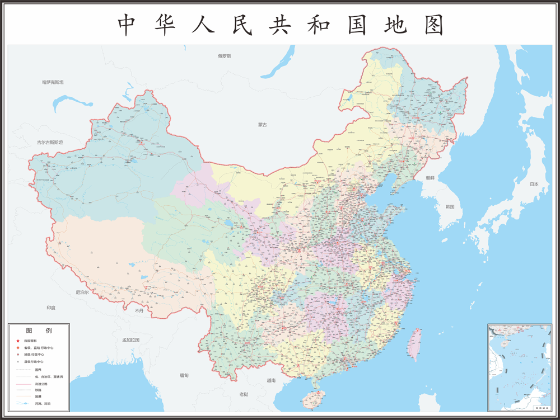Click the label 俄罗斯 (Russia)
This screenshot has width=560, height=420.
coord(225,56)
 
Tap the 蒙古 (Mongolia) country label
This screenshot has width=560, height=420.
coord(263,125)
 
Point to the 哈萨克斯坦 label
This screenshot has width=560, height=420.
coord(53,82)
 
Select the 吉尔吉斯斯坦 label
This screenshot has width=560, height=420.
coord(50,143)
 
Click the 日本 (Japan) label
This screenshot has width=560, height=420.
coord(534,184)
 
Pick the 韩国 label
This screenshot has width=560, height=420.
coord(450,206)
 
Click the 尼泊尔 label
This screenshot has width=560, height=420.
coord(82,292)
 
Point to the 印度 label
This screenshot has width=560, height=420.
coord(51,308)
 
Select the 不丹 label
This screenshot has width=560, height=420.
coord(139,310)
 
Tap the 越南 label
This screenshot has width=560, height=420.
coord(271,380)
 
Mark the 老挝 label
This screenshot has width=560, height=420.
coord(244,394)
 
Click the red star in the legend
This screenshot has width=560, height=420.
coord(17,341)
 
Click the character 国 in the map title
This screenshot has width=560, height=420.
coord(357,25)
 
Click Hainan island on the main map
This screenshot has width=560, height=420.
coord(312,398)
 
